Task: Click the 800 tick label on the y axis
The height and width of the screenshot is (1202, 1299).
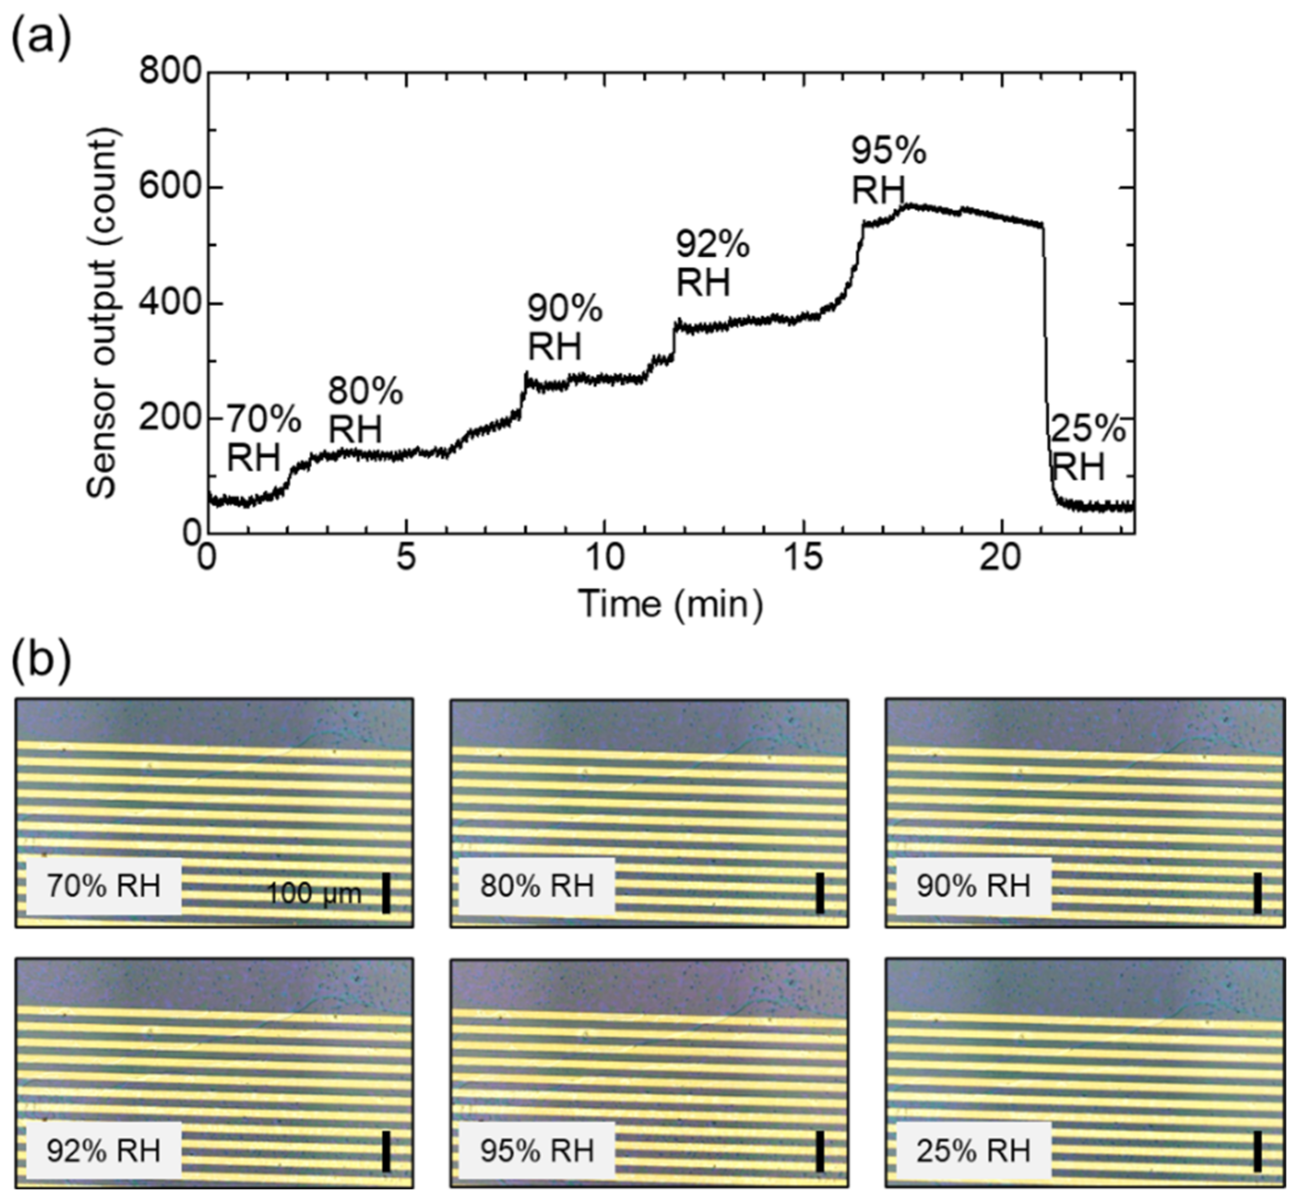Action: coord(170,71)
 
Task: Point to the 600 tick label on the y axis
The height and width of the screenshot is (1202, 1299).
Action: coord(170,188)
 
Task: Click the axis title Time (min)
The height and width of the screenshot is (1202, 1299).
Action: coord(671,604)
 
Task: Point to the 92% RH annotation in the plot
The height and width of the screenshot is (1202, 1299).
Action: coord(712,264)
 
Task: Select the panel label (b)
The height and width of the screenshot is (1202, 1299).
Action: coord(41,661)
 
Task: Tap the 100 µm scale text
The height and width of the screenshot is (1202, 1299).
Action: coord(314,894)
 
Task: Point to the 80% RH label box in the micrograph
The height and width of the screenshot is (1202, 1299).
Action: coord(537,886)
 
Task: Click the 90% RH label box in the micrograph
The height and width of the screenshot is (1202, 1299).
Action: coord(973,886)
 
